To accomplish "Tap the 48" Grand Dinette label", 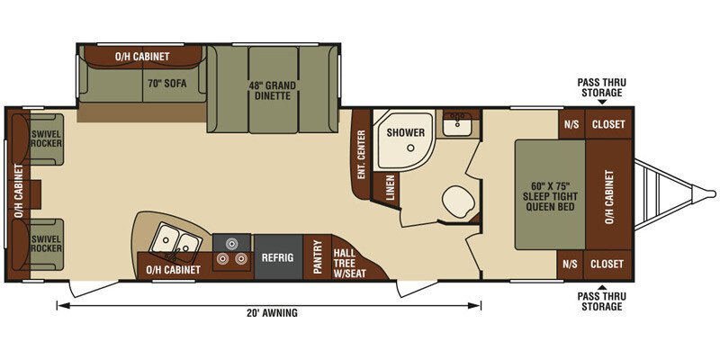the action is point(273,91).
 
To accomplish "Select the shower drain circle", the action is point(410,148).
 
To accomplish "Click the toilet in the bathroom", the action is point(456,201).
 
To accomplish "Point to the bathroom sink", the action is point(457,122).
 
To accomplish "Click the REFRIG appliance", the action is point(278,257).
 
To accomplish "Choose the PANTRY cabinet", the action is point(318,257).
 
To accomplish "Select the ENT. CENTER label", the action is point(362,154).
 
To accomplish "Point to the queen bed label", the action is point(550,196).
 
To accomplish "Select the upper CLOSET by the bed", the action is point(608,124).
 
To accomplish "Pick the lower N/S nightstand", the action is point(571,265).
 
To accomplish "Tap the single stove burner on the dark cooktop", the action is point(232,243).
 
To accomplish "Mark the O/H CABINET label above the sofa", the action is point(142,57).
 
